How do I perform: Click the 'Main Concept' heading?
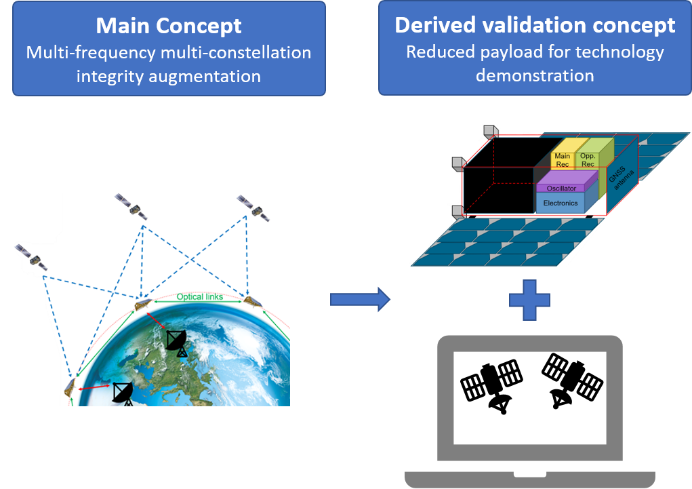(x=169, y=26)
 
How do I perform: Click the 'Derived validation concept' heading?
(x=535, y=26)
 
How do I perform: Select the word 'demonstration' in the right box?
(x=535, y=75)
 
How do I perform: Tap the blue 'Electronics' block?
(x=561, y=203)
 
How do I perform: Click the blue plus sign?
(x=529, y=299)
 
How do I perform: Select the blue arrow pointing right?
(x=360, y=299)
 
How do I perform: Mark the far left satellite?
(x=30, y=257)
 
